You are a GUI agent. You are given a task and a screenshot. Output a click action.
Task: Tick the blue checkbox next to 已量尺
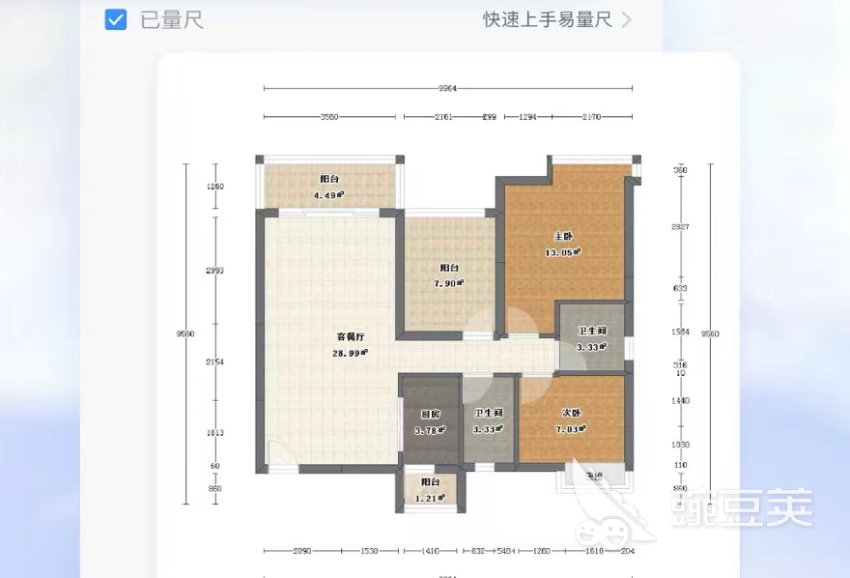[116, 19]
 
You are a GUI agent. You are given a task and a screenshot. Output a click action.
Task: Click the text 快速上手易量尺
[548, 19]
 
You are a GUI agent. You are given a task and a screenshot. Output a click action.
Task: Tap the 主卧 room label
[563, 237]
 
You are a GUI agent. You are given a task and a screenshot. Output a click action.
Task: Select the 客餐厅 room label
[350, 337]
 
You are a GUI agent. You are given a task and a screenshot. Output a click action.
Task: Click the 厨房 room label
[430, 415]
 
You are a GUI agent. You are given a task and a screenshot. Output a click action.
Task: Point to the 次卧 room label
[572, 414]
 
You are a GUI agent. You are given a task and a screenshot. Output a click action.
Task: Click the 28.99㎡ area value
[350, 354]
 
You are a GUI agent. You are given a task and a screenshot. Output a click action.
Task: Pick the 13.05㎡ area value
[563, 252]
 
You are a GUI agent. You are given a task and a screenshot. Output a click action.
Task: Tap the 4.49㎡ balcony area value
[329, 195]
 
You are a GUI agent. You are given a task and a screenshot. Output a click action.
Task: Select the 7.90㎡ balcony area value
[449, 283]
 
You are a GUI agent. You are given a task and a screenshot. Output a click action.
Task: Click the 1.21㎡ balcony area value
[430, 498]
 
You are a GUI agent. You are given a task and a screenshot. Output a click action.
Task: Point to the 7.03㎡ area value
[572, 429]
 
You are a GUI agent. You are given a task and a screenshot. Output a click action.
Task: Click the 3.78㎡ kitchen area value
[430, 430]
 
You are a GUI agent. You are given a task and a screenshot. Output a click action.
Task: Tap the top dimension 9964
[447, 89]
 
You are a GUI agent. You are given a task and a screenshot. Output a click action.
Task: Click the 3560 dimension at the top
[329, 118]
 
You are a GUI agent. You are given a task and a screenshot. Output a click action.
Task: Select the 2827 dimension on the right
[681, 227]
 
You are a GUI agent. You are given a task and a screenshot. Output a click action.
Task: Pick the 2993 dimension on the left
[214, 271]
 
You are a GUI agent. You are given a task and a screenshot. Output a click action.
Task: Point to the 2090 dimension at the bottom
[301, 552]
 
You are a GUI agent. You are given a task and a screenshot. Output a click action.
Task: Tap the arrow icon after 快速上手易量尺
[627, 19]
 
